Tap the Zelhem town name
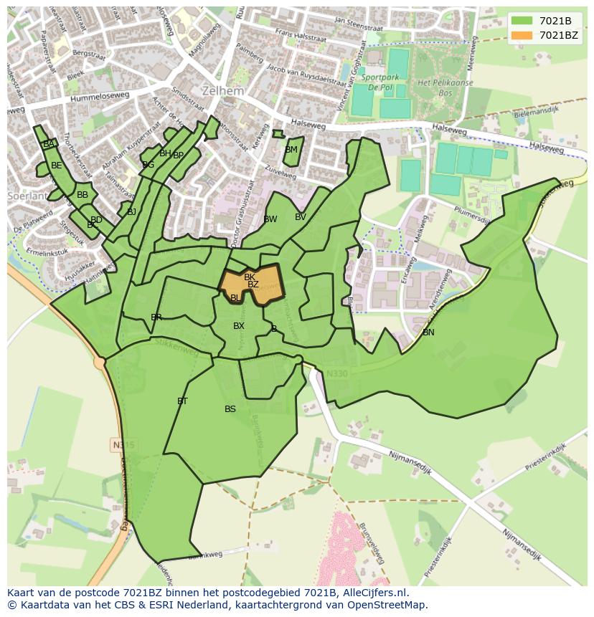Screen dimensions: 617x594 coord(222,92)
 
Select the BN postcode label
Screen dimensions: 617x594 coord(428,333)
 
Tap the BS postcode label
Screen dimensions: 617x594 coord(230,409)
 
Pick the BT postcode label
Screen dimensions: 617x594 coord(182,401)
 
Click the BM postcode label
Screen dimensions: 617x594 coord(291,150)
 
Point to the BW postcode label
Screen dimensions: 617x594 coord(270,219)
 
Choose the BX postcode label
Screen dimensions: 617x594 coord(239,326)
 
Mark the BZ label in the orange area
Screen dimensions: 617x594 coord(253,284)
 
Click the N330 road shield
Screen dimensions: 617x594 coord(336,373)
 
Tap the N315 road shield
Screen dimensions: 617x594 coord(123,445)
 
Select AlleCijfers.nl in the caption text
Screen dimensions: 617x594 coord(373,593)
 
